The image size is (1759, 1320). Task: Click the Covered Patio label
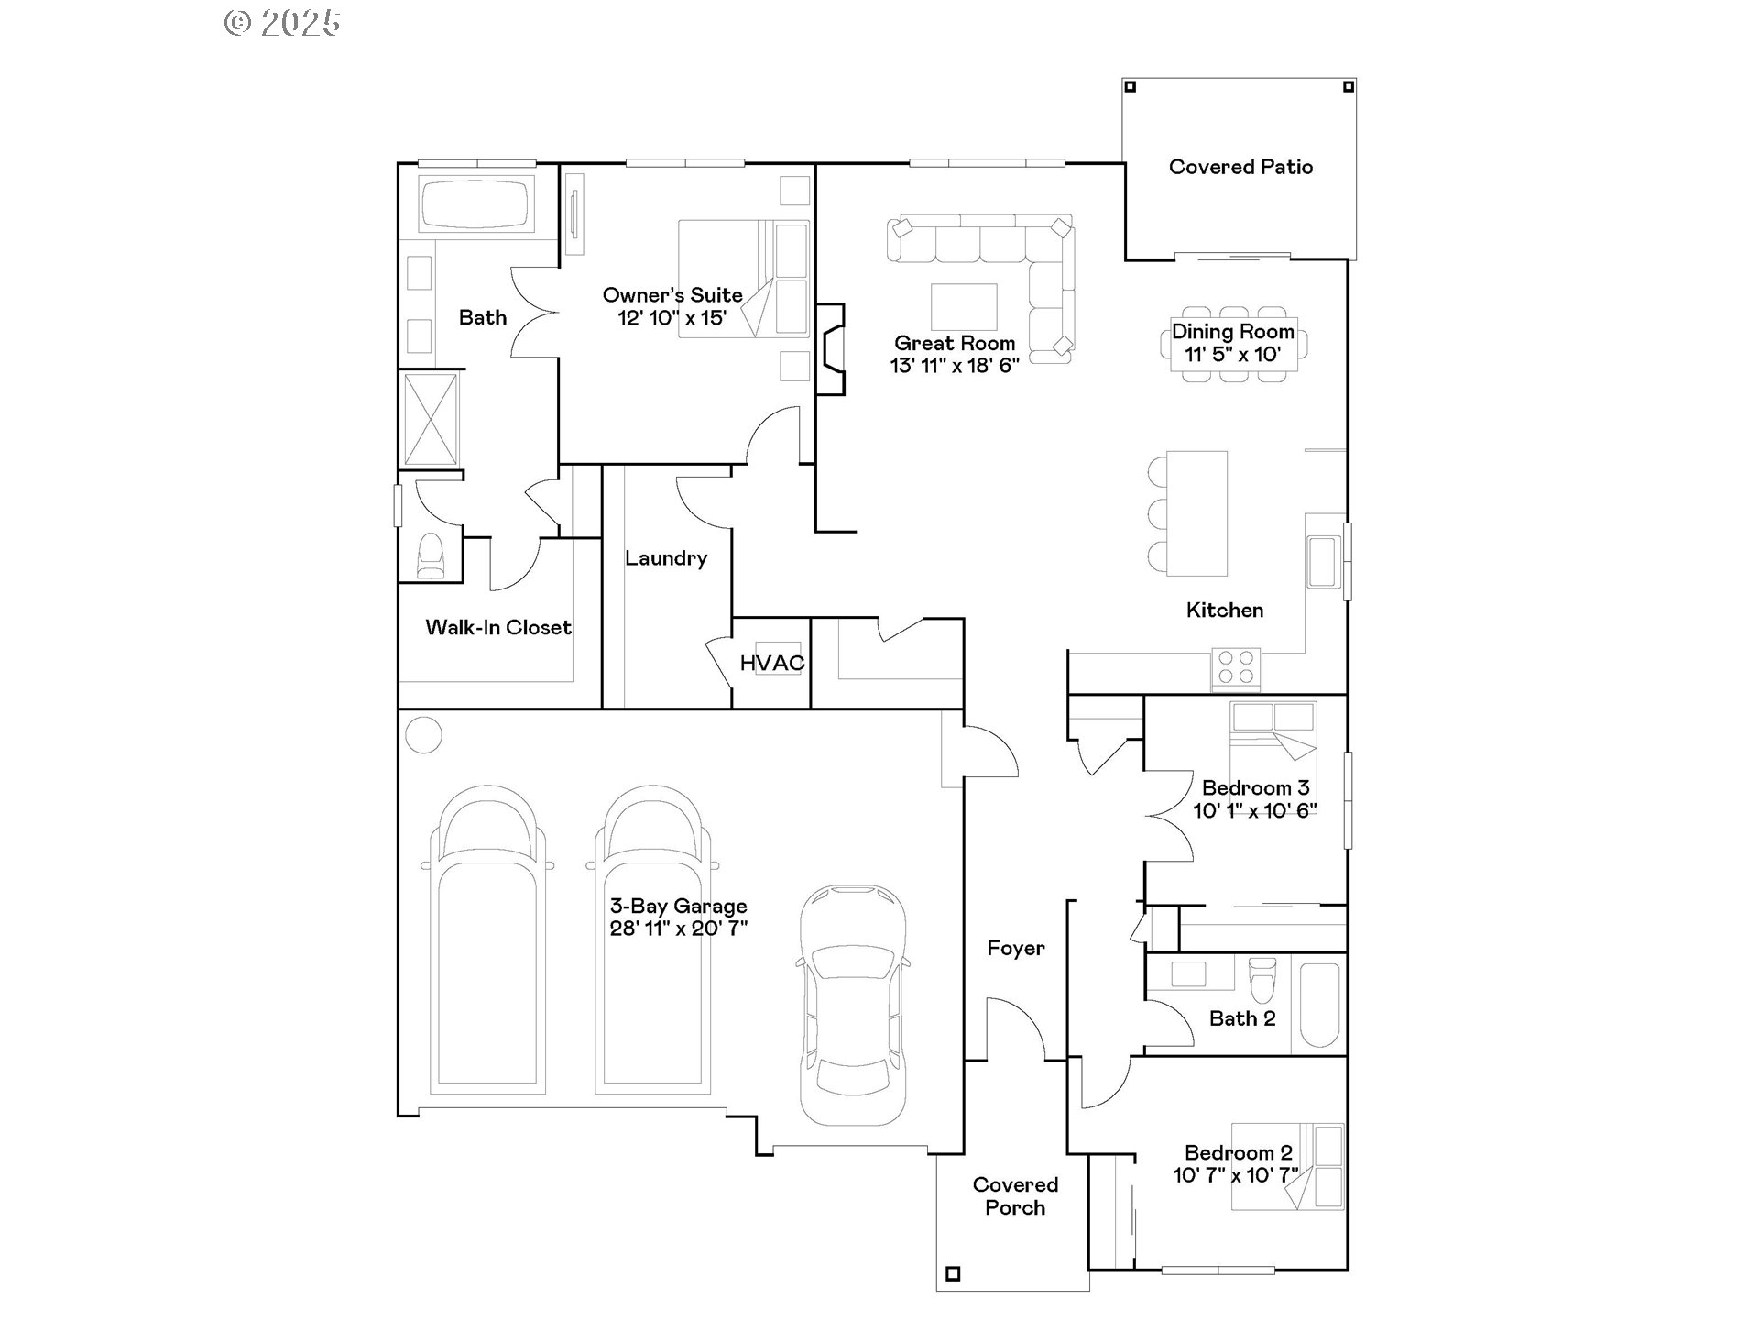[1240, 167]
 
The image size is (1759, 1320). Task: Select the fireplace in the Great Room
[830, 349]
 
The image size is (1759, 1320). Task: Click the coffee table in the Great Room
[964, 306]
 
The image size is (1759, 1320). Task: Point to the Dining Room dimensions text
[1232, 355]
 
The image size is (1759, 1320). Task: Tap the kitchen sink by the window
[1322, 561]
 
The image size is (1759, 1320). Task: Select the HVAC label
[771, 663]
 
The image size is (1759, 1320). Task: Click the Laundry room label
[666, 558]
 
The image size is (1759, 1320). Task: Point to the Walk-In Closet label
[498, 628]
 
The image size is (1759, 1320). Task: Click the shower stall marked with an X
[431, 419]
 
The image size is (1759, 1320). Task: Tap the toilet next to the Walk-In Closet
[431, 555]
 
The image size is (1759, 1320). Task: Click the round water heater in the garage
[423, 734]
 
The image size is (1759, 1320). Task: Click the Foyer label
[1015, 949]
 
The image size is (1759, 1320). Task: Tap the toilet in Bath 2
[1262, 982]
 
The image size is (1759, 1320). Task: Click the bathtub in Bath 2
[1319, 1005]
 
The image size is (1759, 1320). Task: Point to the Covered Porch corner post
[953, 1273]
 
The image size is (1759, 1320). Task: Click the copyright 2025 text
[282, 23]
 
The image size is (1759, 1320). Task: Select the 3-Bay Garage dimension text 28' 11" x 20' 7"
[679, 929]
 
